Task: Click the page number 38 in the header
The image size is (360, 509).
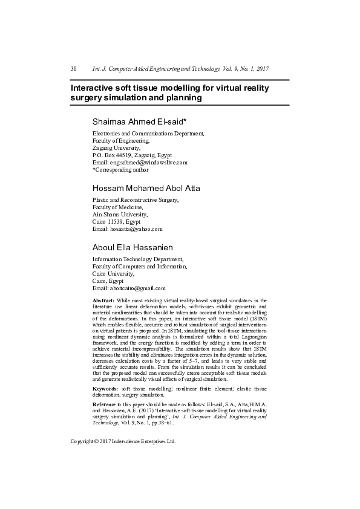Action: click(74, 69)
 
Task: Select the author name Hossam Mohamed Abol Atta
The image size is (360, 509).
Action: click(146, 187)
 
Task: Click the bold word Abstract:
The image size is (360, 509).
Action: click(103, 300)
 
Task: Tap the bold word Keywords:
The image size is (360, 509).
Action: click(105, 388)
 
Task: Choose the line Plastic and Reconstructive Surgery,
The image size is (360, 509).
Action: click(136, 199)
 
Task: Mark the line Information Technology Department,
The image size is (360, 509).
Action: click(137, 259)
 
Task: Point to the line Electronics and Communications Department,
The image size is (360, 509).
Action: click(148, 132)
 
